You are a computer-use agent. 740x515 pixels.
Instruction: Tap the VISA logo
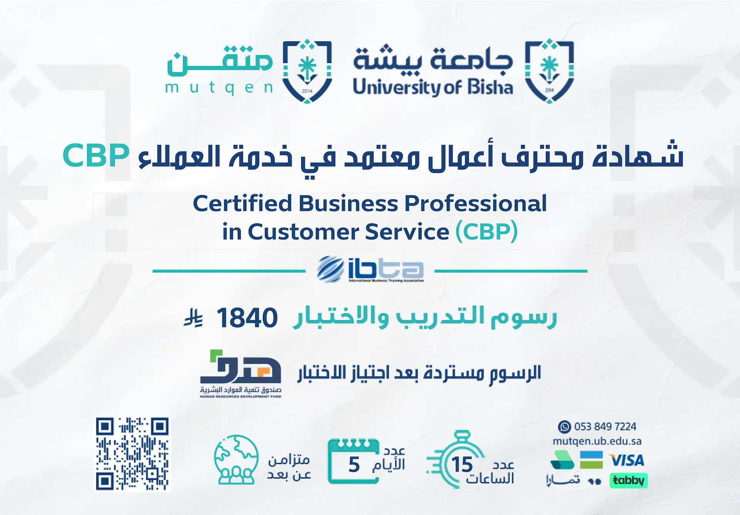point(627,460)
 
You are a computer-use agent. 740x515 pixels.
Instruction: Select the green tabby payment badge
point(628,480)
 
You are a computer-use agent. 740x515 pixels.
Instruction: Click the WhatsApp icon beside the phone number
point(564,427)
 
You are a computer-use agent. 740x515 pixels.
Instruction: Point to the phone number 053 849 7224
point(605,427)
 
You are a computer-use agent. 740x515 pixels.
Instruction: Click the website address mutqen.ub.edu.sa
point(597,441)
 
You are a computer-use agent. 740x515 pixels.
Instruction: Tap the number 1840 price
point(247,318)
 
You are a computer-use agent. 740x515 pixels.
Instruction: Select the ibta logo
point(370,270)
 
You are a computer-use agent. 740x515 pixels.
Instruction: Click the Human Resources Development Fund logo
point(240,374)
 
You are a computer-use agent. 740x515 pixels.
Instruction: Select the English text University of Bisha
point(433,87)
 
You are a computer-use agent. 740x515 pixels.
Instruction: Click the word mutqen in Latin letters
point(219,88)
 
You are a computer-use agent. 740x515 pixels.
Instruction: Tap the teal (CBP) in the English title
point(486,232)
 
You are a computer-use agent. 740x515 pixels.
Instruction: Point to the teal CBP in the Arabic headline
point(96,156)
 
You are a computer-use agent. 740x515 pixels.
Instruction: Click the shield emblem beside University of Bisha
point(550,71)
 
